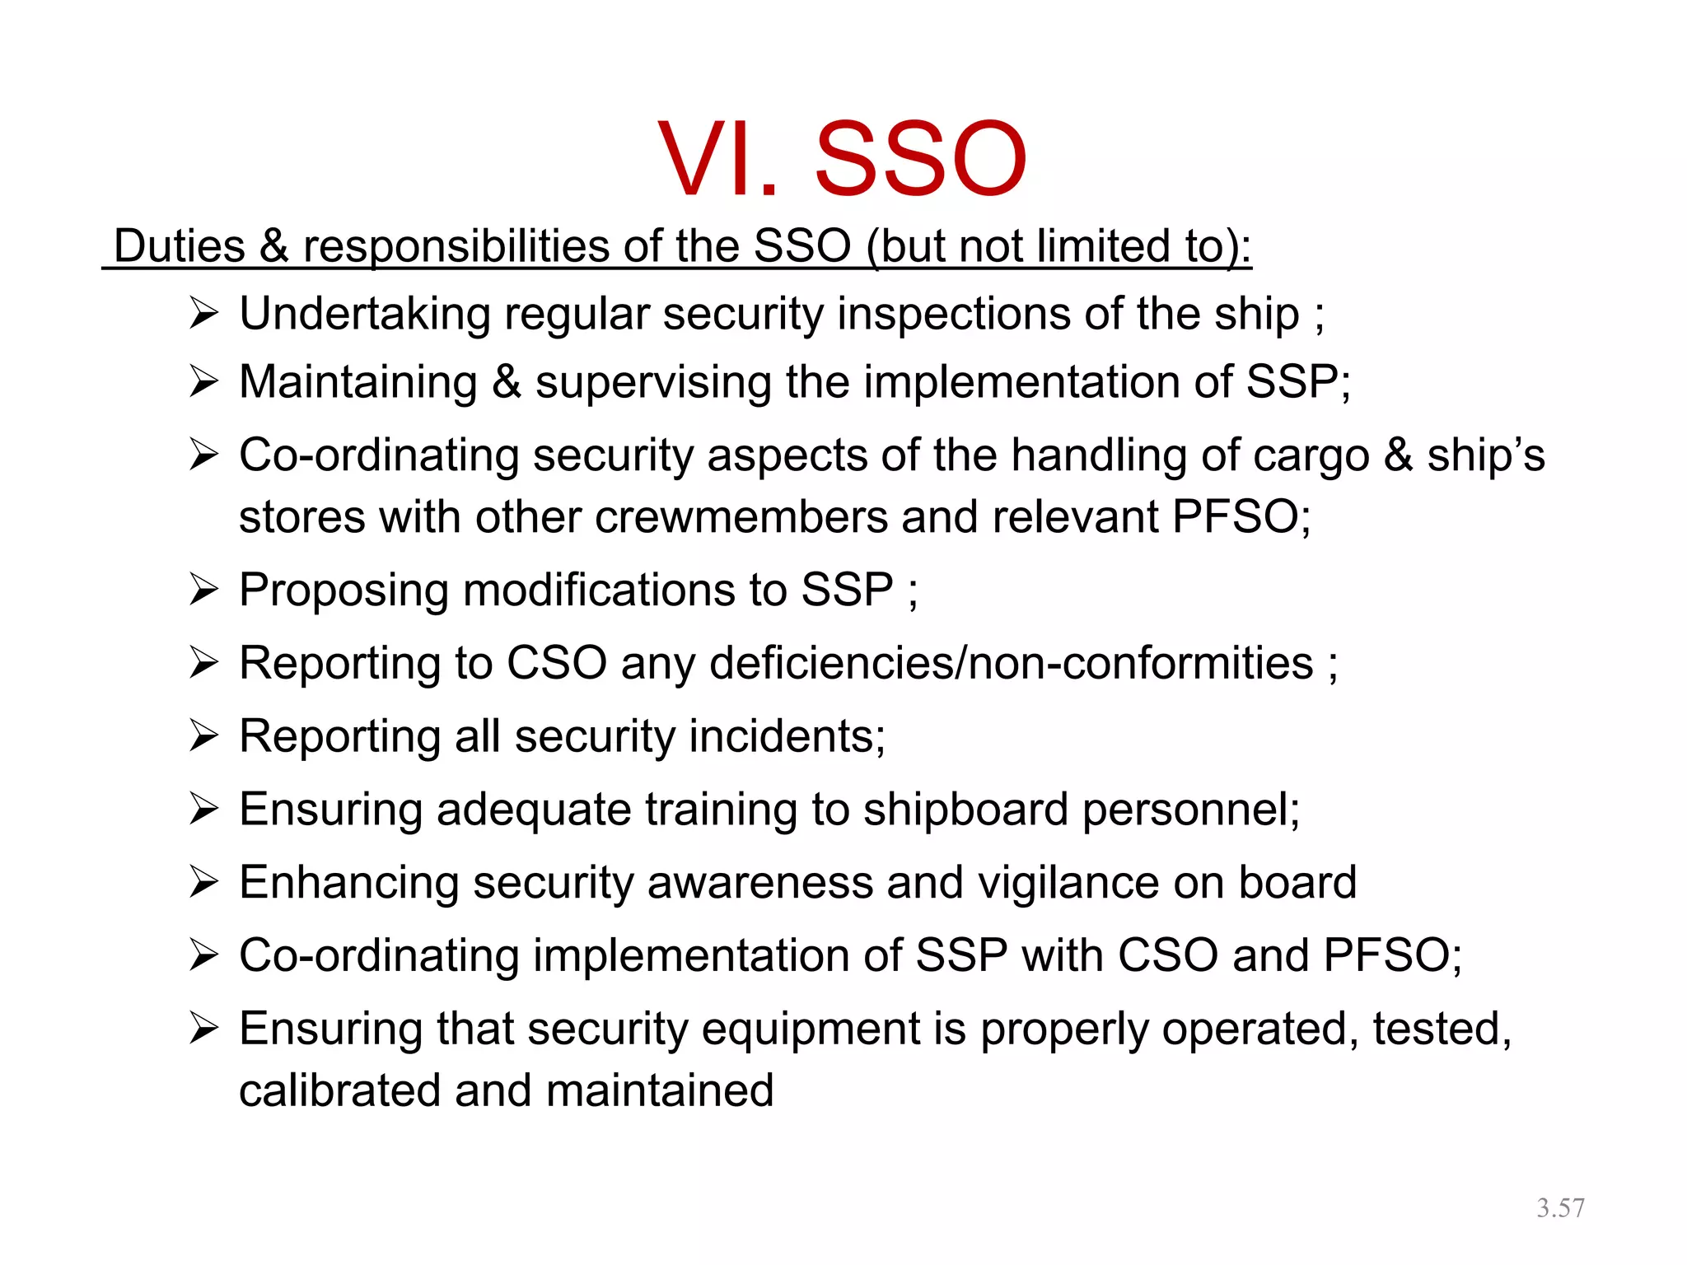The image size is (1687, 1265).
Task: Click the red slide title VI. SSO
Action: (842, 158)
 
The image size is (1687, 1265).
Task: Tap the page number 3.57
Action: (1559, 1208)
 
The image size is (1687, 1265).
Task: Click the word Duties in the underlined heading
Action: (180, 245)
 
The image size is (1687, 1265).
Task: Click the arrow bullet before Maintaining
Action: (203, 381)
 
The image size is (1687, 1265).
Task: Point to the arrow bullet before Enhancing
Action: (203, 882)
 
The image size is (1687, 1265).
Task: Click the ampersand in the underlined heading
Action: (274, 245)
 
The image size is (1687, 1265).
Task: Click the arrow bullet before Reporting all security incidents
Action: (203, 735)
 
